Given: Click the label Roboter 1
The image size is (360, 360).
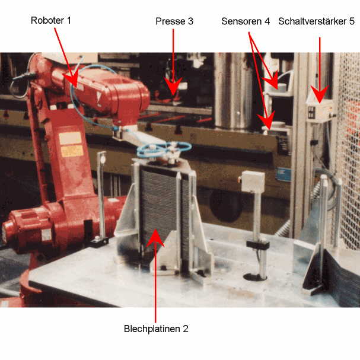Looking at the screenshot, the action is click(x=51, y=20).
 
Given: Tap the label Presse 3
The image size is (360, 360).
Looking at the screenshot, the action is click(x=174, y=21).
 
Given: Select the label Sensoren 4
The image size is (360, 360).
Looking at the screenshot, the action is click(x=246, y=21).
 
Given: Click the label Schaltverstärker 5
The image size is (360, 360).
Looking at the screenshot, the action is click(x=316, y=21).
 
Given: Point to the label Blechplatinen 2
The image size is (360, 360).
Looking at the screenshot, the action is click(x=156, y=329).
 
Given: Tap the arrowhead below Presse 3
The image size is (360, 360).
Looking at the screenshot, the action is click(x=173, y=87).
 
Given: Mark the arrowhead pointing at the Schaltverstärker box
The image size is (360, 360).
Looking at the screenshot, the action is click(x=320, y=94).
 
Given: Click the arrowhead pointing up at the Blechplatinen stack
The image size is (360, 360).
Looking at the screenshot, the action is click(x=155, y=238).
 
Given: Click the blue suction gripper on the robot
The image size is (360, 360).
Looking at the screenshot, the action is click(x=164, y=149).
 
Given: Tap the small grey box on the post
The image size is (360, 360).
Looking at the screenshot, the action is click(x=252, y=182).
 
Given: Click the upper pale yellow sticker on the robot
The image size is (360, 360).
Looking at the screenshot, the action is click(x=70, y=138).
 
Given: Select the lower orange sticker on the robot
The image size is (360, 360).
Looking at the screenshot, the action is click(x=72, y=151).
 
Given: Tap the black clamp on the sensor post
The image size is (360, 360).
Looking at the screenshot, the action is click(x=257, y=244).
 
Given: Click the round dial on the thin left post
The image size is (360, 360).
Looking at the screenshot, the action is click(x=103, y=160).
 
